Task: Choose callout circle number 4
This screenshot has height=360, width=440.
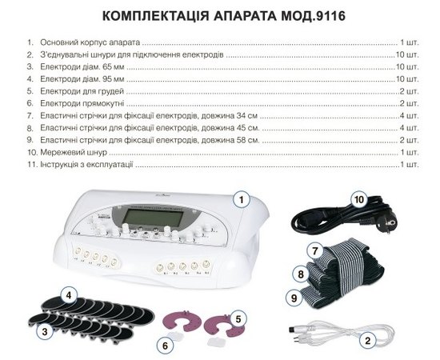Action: coord(70,295)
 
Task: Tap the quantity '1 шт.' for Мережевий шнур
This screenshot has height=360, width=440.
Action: coord(410,151)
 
